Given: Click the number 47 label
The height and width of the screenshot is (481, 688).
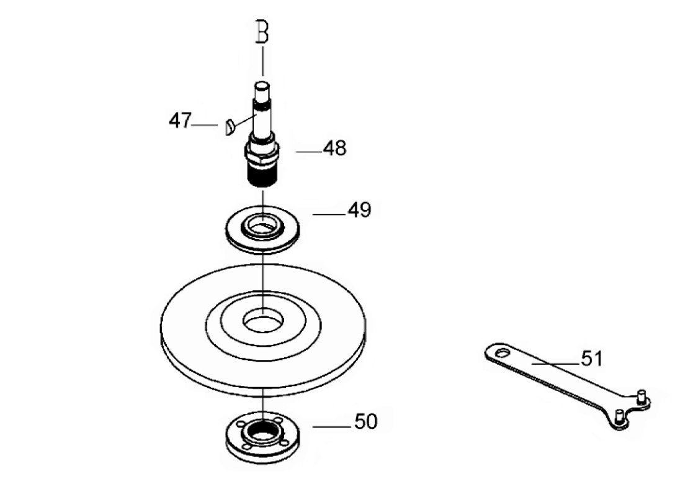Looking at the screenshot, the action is tap(180, 120).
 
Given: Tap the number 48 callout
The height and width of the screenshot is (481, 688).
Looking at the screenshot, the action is tap(334, 148).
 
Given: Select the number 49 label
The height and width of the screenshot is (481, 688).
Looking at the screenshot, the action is tap(359, 210).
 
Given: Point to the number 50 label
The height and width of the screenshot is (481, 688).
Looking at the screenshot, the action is tap(366, 421).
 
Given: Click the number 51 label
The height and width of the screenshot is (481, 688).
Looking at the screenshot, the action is tap(592, 359).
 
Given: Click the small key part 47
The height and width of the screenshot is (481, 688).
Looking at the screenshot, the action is tap(229, 127).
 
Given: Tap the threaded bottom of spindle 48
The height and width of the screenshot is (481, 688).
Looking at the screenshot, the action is tap(262, 176).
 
